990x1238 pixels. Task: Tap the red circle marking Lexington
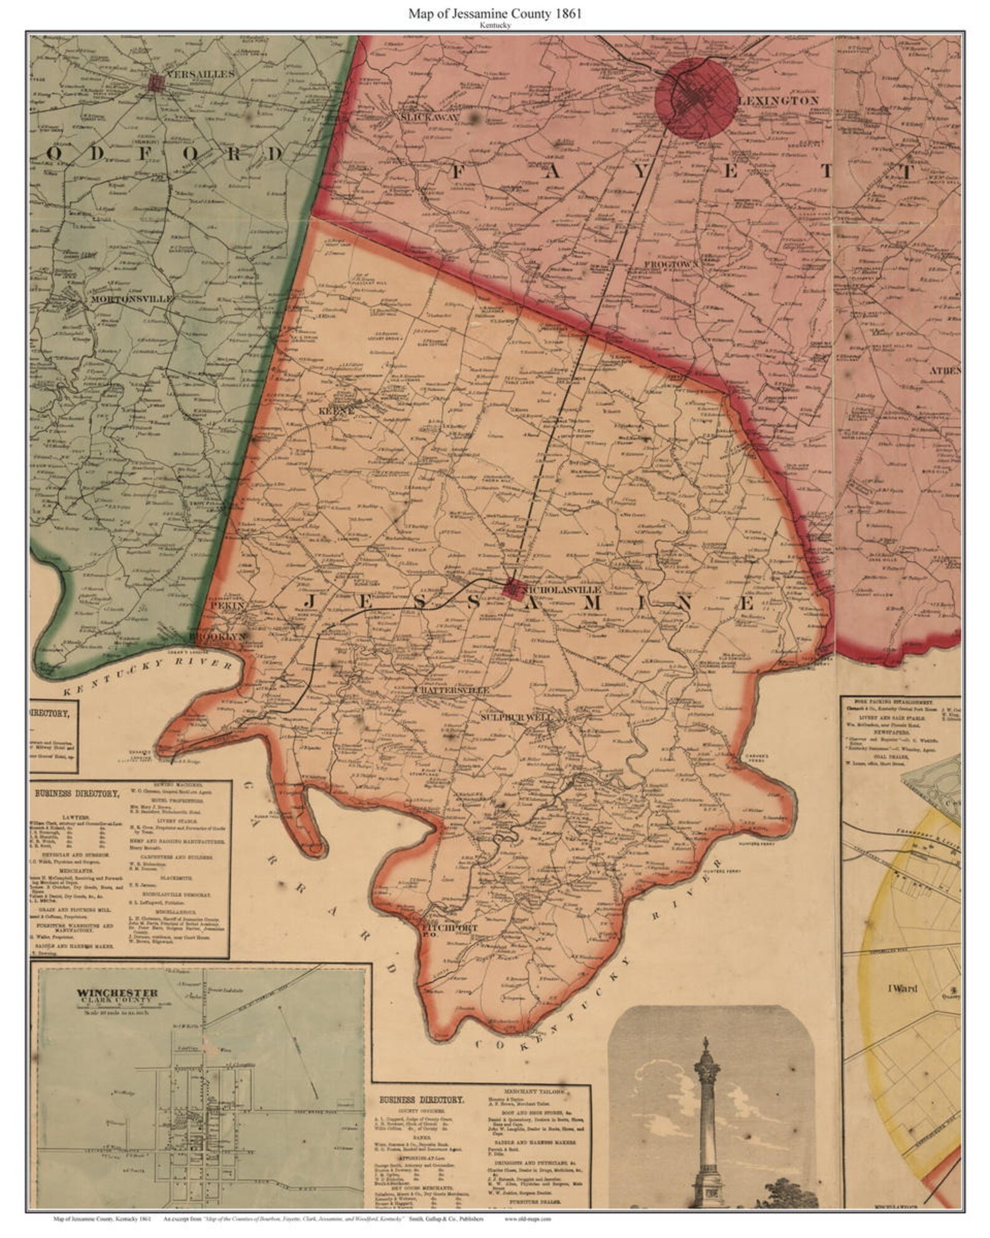[x=696, y=97]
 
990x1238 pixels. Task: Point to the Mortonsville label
[x=132, y=299]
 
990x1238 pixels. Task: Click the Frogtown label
[x=670, y=264]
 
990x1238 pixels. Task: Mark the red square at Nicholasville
[x=511, y=587]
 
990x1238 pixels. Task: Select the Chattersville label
[x=452, y=690]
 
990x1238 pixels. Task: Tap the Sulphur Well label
[x=516, y=718]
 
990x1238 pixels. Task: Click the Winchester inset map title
[x=117, y=993]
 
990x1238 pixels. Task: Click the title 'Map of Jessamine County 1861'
[x=495, y=14]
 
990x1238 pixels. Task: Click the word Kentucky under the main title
[x=495, y=26]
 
